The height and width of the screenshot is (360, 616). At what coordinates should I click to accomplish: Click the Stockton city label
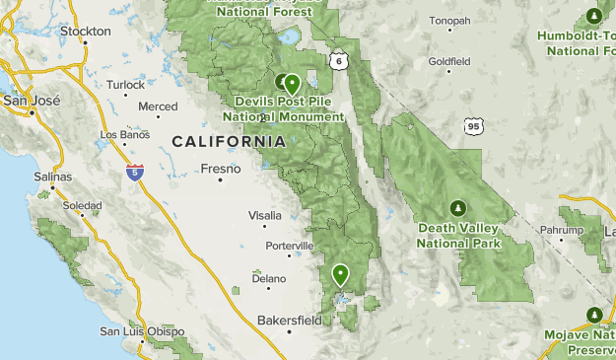[85, 32]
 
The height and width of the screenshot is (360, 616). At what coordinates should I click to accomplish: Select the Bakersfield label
[288, 321]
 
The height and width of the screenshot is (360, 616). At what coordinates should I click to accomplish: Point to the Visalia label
[265, 214]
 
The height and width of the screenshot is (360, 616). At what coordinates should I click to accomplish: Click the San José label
[32, 101]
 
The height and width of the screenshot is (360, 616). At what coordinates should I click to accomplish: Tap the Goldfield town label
[450, 61]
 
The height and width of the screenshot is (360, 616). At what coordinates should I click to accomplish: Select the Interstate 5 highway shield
[132, 172]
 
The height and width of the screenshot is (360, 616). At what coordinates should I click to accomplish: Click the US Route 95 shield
[474, 125]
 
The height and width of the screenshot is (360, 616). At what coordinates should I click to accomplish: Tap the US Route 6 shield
[340, 61]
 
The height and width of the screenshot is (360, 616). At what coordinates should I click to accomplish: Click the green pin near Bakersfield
[341, 274]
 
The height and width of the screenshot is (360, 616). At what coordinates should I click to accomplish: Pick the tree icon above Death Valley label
[457, 208]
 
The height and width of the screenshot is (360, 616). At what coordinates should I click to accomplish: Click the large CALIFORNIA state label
[229, 142]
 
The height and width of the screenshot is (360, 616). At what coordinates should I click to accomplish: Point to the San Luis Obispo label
[142, 331]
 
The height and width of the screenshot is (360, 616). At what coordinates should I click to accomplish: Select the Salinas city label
[53, 177]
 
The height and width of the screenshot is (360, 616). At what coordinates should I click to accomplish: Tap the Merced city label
[158, 107]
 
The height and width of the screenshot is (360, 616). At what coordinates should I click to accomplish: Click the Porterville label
[289, 245]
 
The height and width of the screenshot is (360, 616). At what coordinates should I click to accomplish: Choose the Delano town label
[268, 278]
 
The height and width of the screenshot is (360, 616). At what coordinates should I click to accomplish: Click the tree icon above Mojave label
[593, 315]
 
